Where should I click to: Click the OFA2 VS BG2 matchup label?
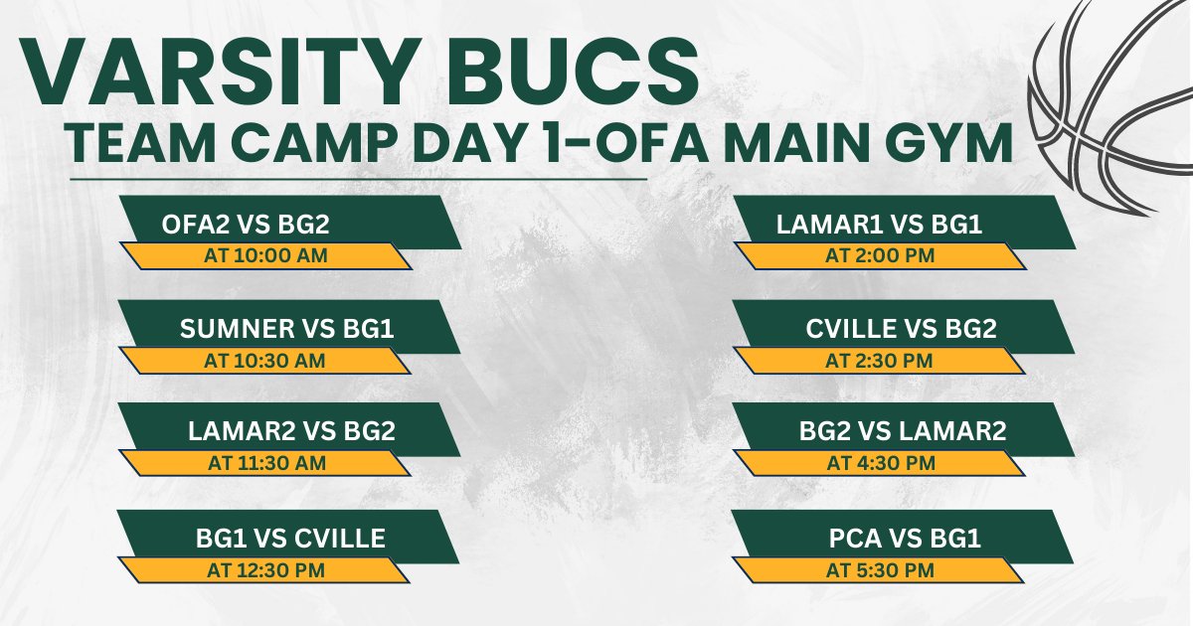coord(246,225)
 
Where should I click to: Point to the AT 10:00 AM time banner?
coord(264,255)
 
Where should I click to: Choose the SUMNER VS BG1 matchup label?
coord(287,329)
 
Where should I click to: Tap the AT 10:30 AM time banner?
coord(264,360)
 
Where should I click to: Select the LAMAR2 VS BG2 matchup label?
coord(291,432)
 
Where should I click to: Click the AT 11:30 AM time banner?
coord(264,463)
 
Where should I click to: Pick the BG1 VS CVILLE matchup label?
coord(289,539)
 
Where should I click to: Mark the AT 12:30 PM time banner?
coord(264,570)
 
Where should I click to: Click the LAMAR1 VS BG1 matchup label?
coord(879,225)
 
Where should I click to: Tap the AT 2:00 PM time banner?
coord(879,255)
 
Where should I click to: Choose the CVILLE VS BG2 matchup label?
coord(901,329)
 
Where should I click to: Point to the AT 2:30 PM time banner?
coord(879,360)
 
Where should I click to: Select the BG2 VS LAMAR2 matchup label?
coord(903,432)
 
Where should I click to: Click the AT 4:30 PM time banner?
coord(879,463)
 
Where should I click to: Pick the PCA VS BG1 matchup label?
coord(905,539)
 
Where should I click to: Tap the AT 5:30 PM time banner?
coord(879,570)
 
